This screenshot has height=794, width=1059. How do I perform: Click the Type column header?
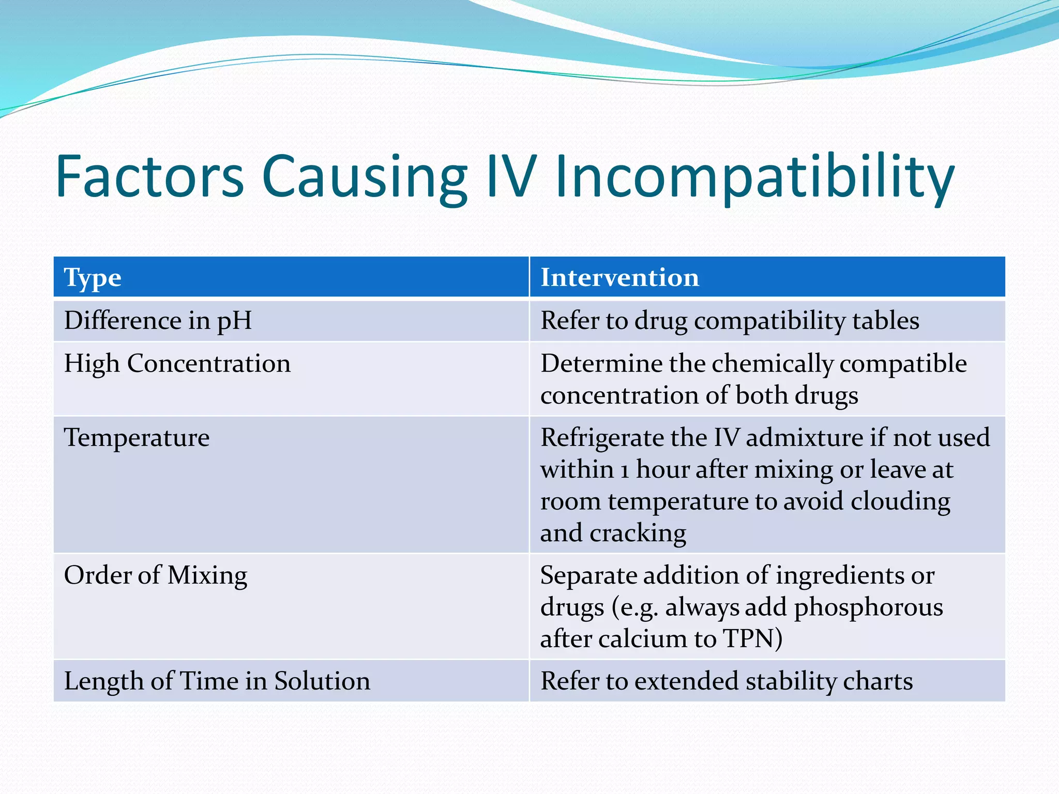coord(93,278)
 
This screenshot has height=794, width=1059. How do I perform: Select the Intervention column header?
coord(619,278)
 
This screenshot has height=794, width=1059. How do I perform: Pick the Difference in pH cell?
coord(158,320)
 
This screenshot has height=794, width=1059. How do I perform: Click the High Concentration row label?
coord(177,363)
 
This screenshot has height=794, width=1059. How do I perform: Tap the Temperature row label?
coord(137,438)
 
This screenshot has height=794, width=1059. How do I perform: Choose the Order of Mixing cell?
coord(155,575)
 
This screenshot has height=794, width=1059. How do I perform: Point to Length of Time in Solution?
coord(217,681)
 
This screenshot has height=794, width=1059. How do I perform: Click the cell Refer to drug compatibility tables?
coord(729,320)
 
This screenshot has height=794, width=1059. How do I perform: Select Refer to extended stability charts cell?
coord(726,681)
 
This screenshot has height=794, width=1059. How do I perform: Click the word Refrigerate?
coord(602,438)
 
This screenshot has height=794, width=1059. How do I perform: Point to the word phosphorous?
coord(868,608)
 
